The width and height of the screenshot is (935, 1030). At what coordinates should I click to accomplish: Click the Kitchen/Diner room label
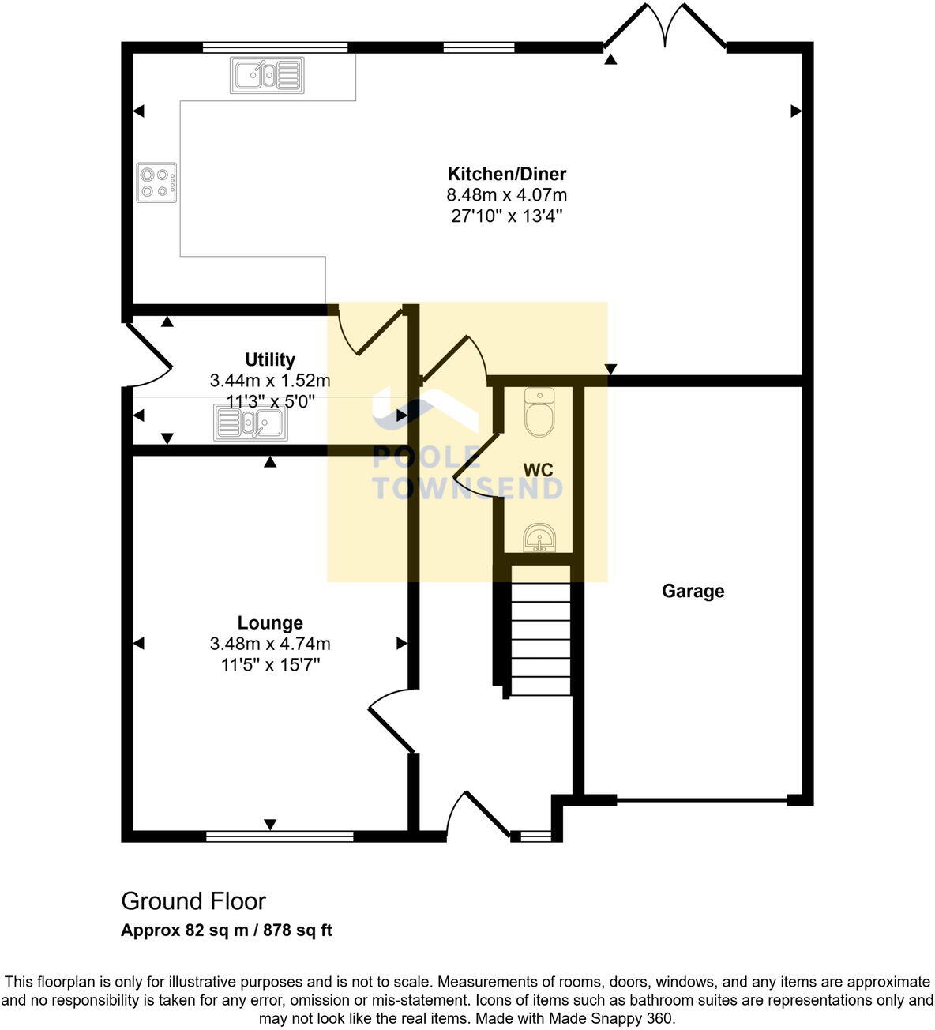click(506, 174)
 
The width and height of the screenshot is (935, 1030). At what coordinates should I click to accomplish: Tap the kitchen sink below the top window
click(266, 76)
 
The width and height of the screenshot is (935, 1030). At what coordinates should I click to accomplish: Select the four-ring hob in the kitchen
click(156, 182)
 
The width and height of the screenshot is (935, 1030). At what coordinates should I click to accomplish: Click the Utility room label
click(270, 359)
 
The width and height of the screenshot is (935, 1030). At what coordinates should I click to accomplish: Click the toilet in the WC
click(539, 412)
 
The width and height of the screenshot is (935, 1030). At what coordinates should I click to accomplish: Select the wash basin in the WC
click(539, 539)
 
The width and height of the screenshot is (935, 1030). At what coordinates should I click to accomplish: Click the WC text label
click(538, 470)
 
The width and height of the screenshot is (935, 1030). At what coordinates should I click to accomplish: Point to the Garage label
click(693, 591)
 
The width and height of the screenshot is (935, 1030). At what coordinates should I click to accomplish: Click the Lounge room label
click(270, 623)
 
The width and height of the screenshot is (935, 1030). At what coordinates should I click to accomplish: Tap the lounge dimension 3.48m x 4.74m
click(270, 644)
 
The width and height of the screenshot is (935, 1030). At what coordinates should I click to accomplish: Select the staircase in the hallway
click(541, 640)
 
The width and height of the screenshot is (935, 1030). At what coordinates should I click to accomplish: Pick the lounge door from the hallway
click(391, 719)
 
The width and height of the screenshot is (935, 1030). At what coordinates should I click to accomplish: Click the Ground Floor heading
click(193, 901)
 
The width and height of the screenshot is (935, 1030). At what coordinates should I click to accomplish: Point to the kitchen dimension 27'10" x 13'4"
click(506, 216)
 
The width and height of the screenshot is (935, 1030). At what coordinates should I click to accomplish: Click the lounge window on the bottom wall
click(280, 836)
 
